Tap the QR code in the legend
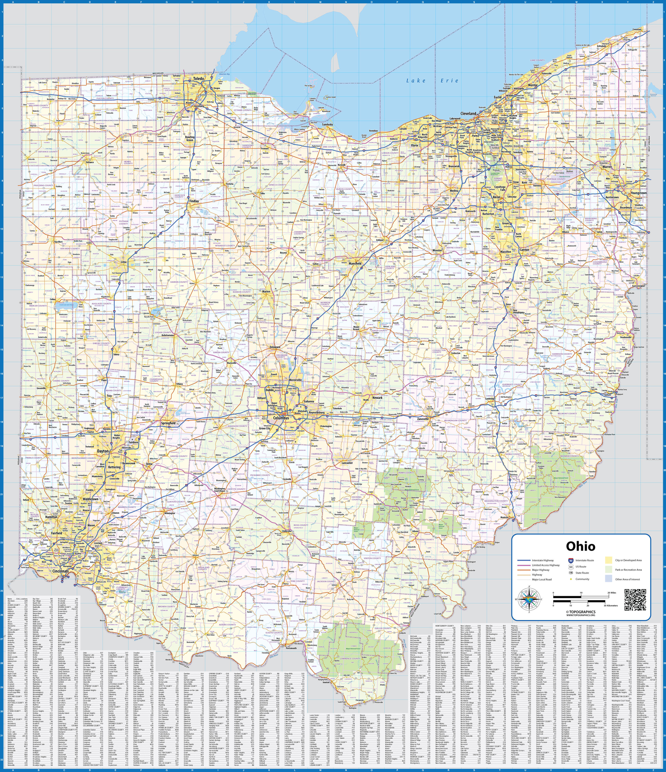[x=635, y=600]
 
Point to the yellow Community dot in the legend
[x=571, y=579]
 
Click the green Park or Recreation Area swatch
[x=609, y=570]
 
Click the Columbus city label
[x=281, y=418]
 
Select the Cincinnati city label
[x=60, y=571]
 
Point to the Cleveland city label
[x=468, y=113]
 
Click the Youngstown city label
[x=639, y=193]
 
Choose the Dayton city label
[x=103, y=451]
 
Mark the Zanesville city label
[x=423, y=419]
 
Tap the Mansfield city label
[x=355, y=263]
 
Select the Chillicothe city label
[x=286, y=531]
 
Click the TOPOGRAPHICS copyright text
[x=581, y=612]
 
